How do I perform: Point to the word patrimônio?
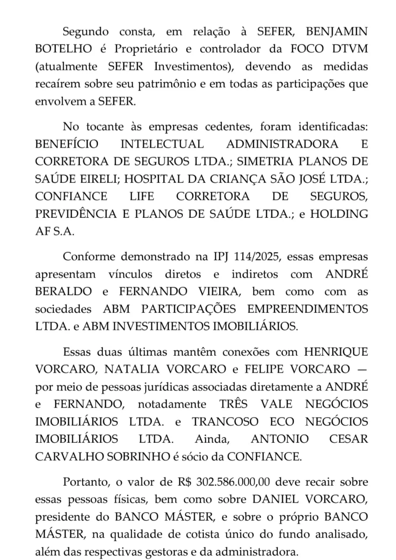[x=167, y=84]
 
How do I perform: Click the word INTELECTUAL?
[x=162, y=144]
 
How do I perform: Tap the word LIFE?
[x=142, y=196]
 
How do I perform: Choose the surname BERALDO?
[x=63, y=292]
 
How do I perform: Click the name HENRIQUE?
[x=336, y=352]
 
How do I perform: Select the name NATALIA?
[x=128, y=369]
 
